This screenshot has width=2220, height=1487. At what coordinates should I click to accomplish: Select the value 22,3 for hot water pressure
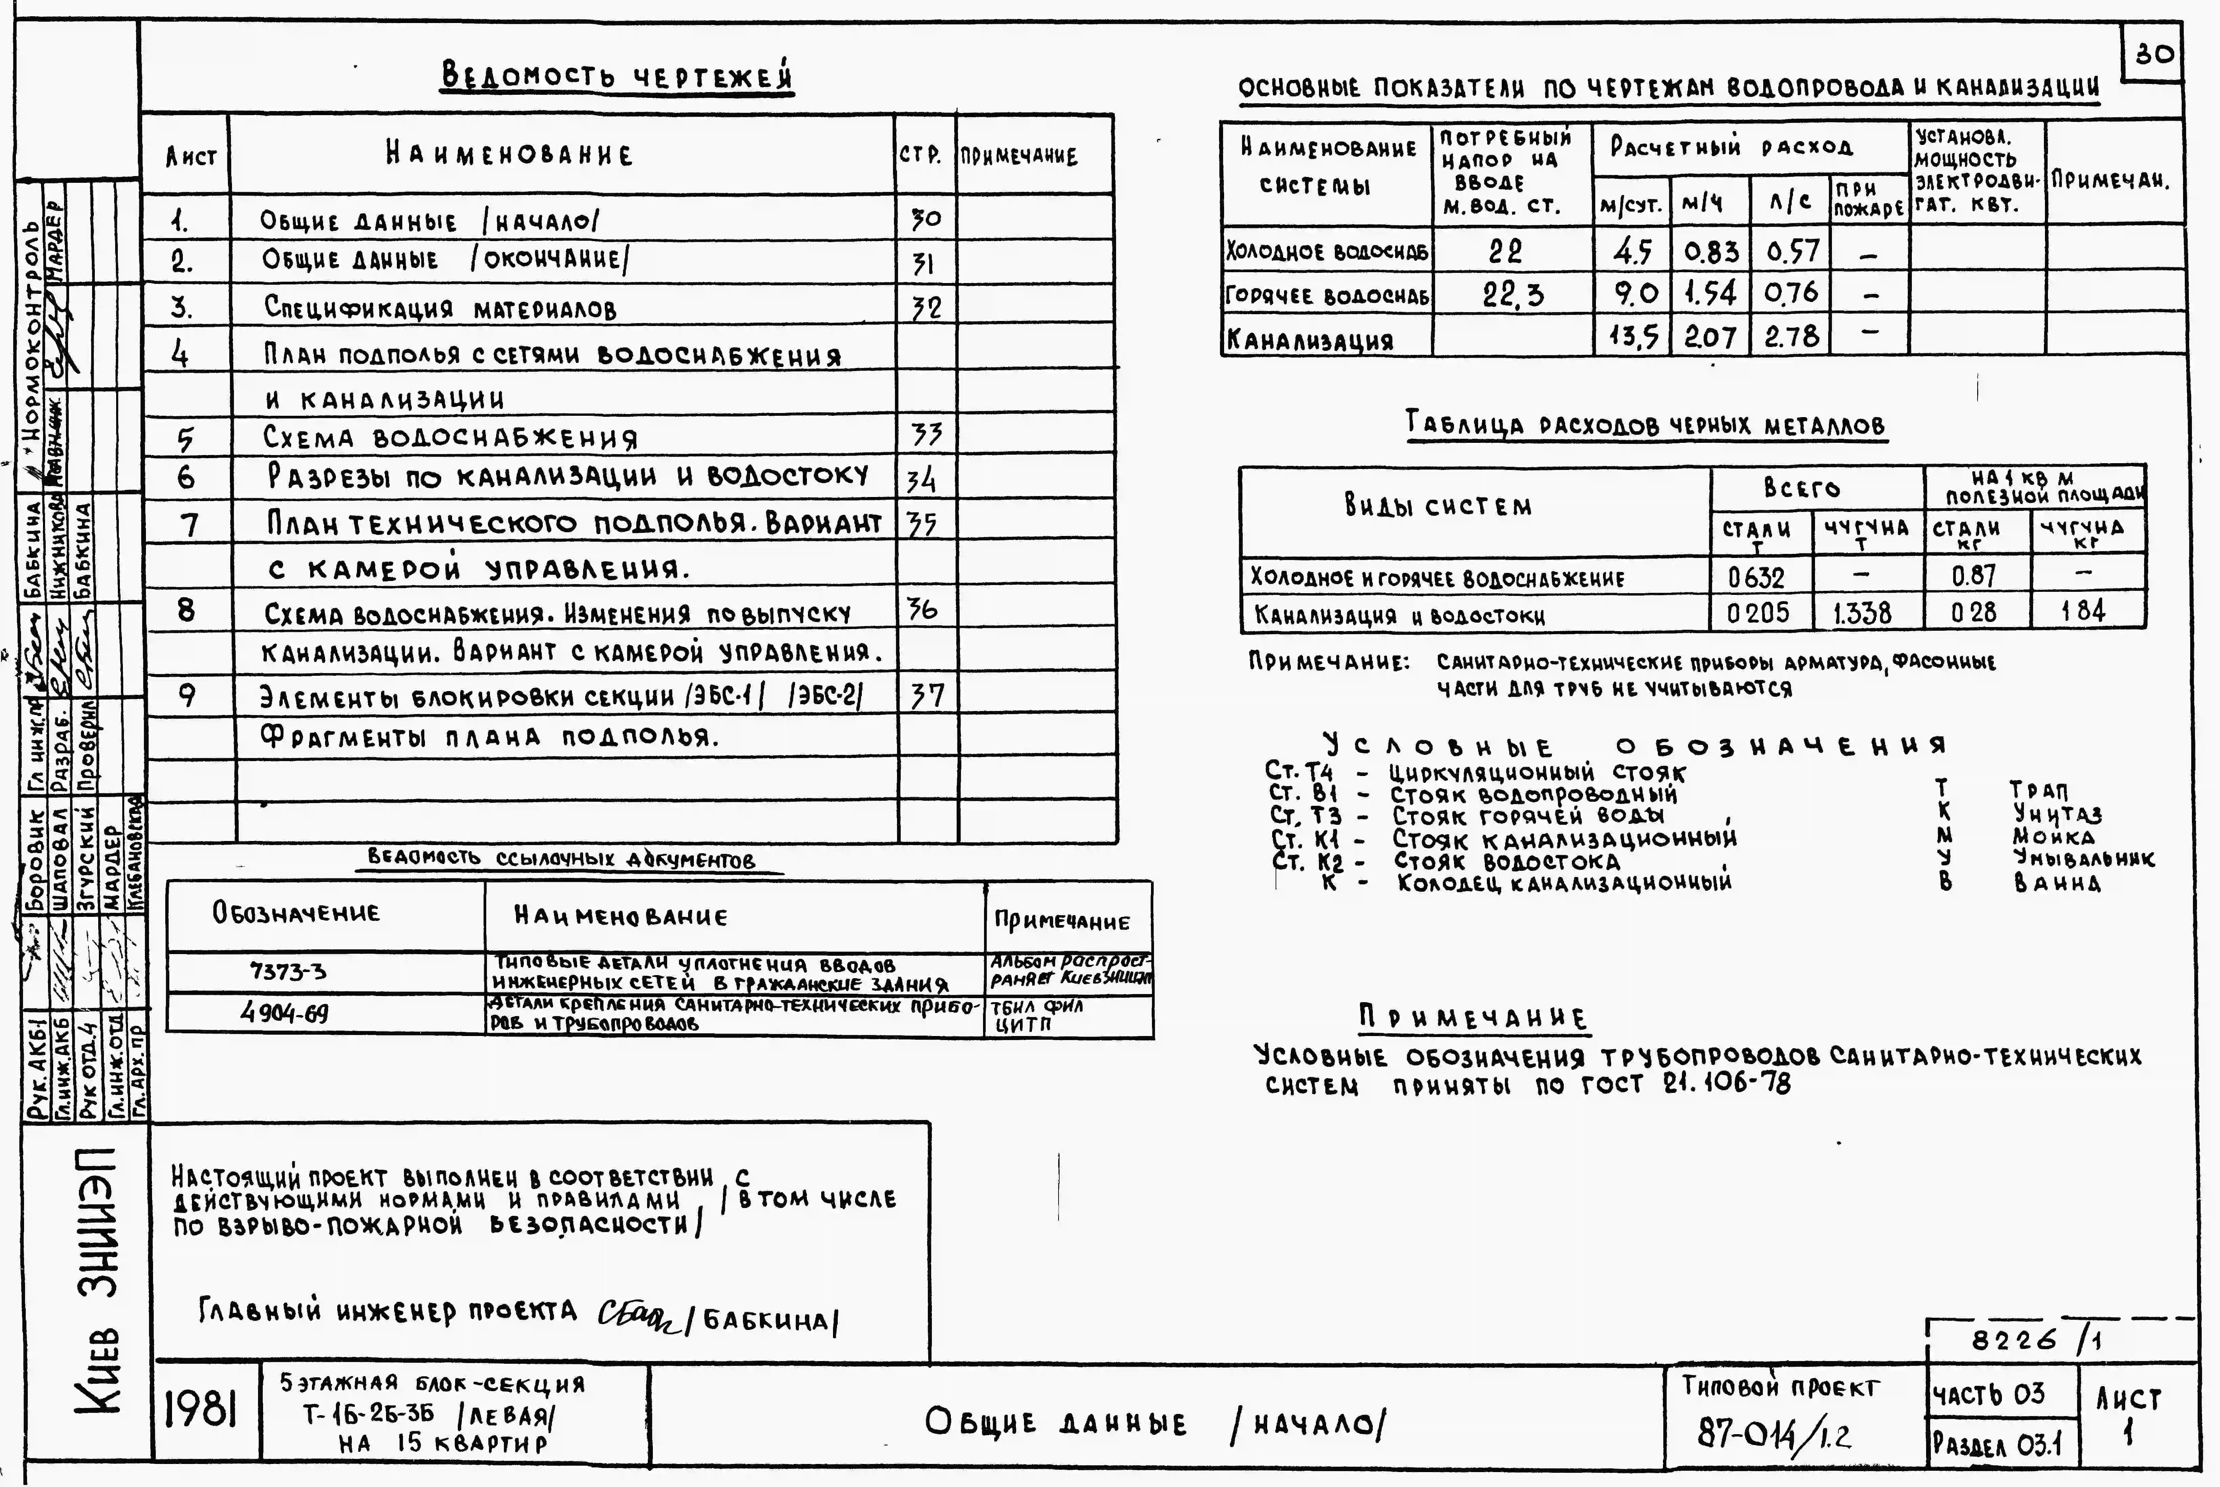1513,295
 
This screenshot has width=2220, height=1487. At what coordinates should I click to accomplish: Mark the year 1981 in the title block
201,1411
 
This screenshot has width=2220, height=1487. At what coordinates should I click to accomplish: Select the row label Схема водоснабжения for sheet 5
450,438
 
